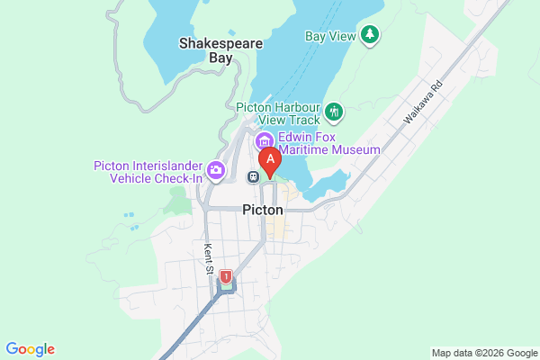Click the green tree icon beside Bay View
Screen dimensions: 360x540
pos(369,35)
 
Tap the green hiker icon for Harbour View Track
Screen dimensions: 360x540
pos(335,112)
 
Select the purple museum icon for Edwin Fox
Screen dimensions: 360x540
pos(264,141)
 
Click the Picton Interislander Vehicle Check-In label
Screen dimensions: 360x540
pos(148,172)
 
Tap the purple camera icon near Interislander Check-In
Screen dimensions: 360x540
pos(216,169)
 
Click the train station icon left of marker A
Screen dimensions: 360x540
pos(255,176)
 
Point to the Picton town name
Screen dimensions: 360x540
pos(263,210)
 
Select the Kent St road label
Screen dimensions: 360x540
pos(209,258)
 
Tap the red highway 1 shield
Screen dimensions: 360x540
pos(226,277)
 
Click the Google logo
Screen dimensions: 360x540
pos(30,349)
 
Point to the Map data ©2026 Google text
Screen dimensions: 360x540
pos(483,352)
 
